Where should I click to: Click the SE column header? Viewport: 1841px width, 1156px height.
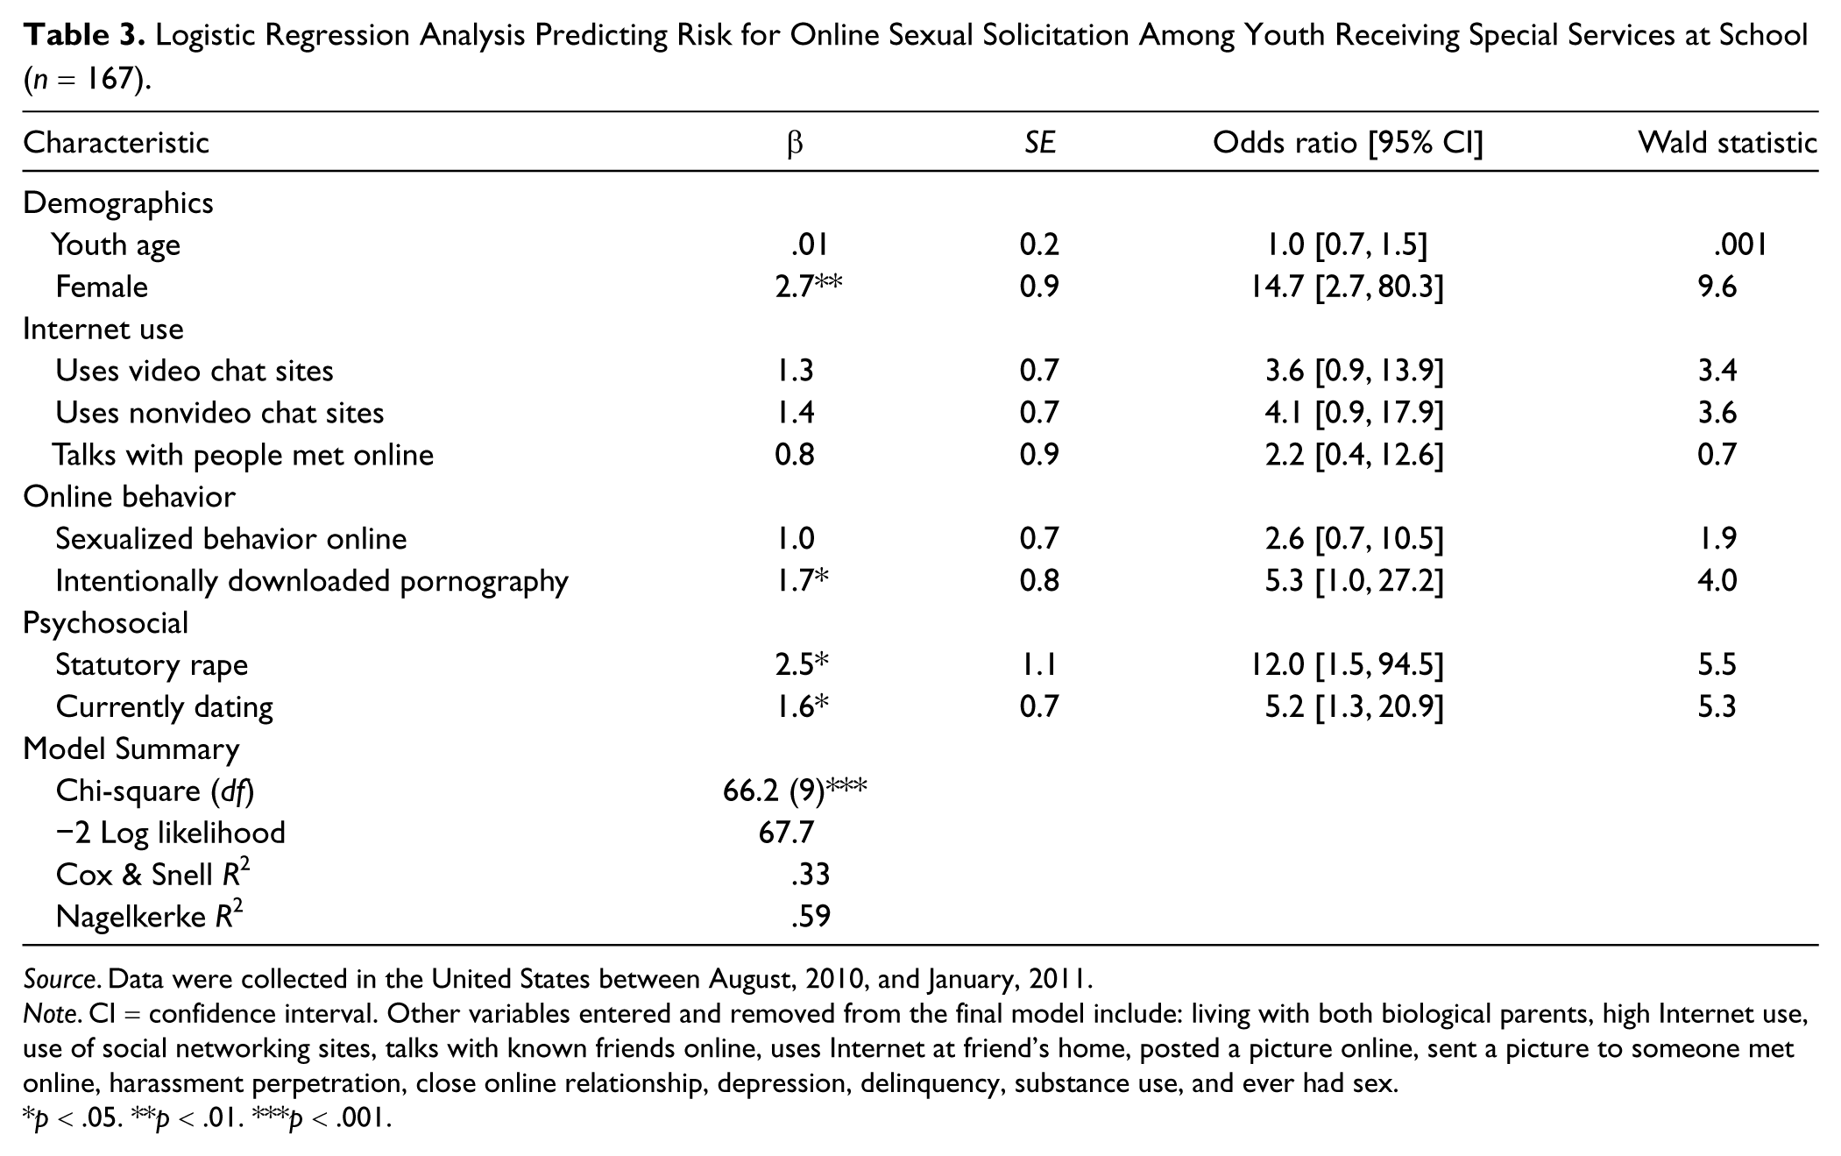1039,142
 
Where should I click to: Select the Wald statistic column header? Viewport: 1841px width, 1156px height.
1728,142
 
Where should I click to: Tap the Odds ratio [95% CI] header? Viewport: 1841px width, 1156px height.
1348,142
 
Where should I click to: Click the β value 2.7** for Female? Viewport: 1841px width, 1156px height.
808,286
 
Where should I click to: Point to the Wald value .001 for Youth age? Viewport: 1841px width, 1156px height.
1740,245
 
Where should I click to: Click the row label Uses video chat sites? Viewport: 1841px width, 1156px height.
195,371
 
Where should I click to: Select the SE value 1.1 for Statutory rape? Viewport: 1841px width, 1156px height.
1039,664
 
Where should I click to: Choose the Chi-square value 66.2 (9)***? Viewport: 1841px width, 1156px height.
795,791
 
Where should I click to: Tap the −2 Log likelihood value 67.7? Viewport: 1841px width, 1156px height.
786,833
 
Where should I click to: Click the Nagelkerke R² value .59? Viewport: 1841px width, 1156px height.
810,917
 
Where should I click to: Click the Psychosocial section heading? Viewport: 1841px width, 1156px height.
105,623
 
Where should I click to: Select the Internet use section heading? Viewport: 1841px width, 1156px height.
103,329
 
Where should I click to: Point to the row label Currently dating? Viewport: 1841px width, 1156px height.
165,707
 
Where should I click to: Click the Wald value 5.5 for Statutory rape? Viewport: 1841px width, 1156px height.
1717,664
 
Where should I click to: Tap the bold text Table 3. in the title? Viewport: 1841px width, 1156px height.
85,35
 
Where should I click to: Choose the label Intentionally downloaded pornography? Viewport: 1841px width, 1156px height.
312,581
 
